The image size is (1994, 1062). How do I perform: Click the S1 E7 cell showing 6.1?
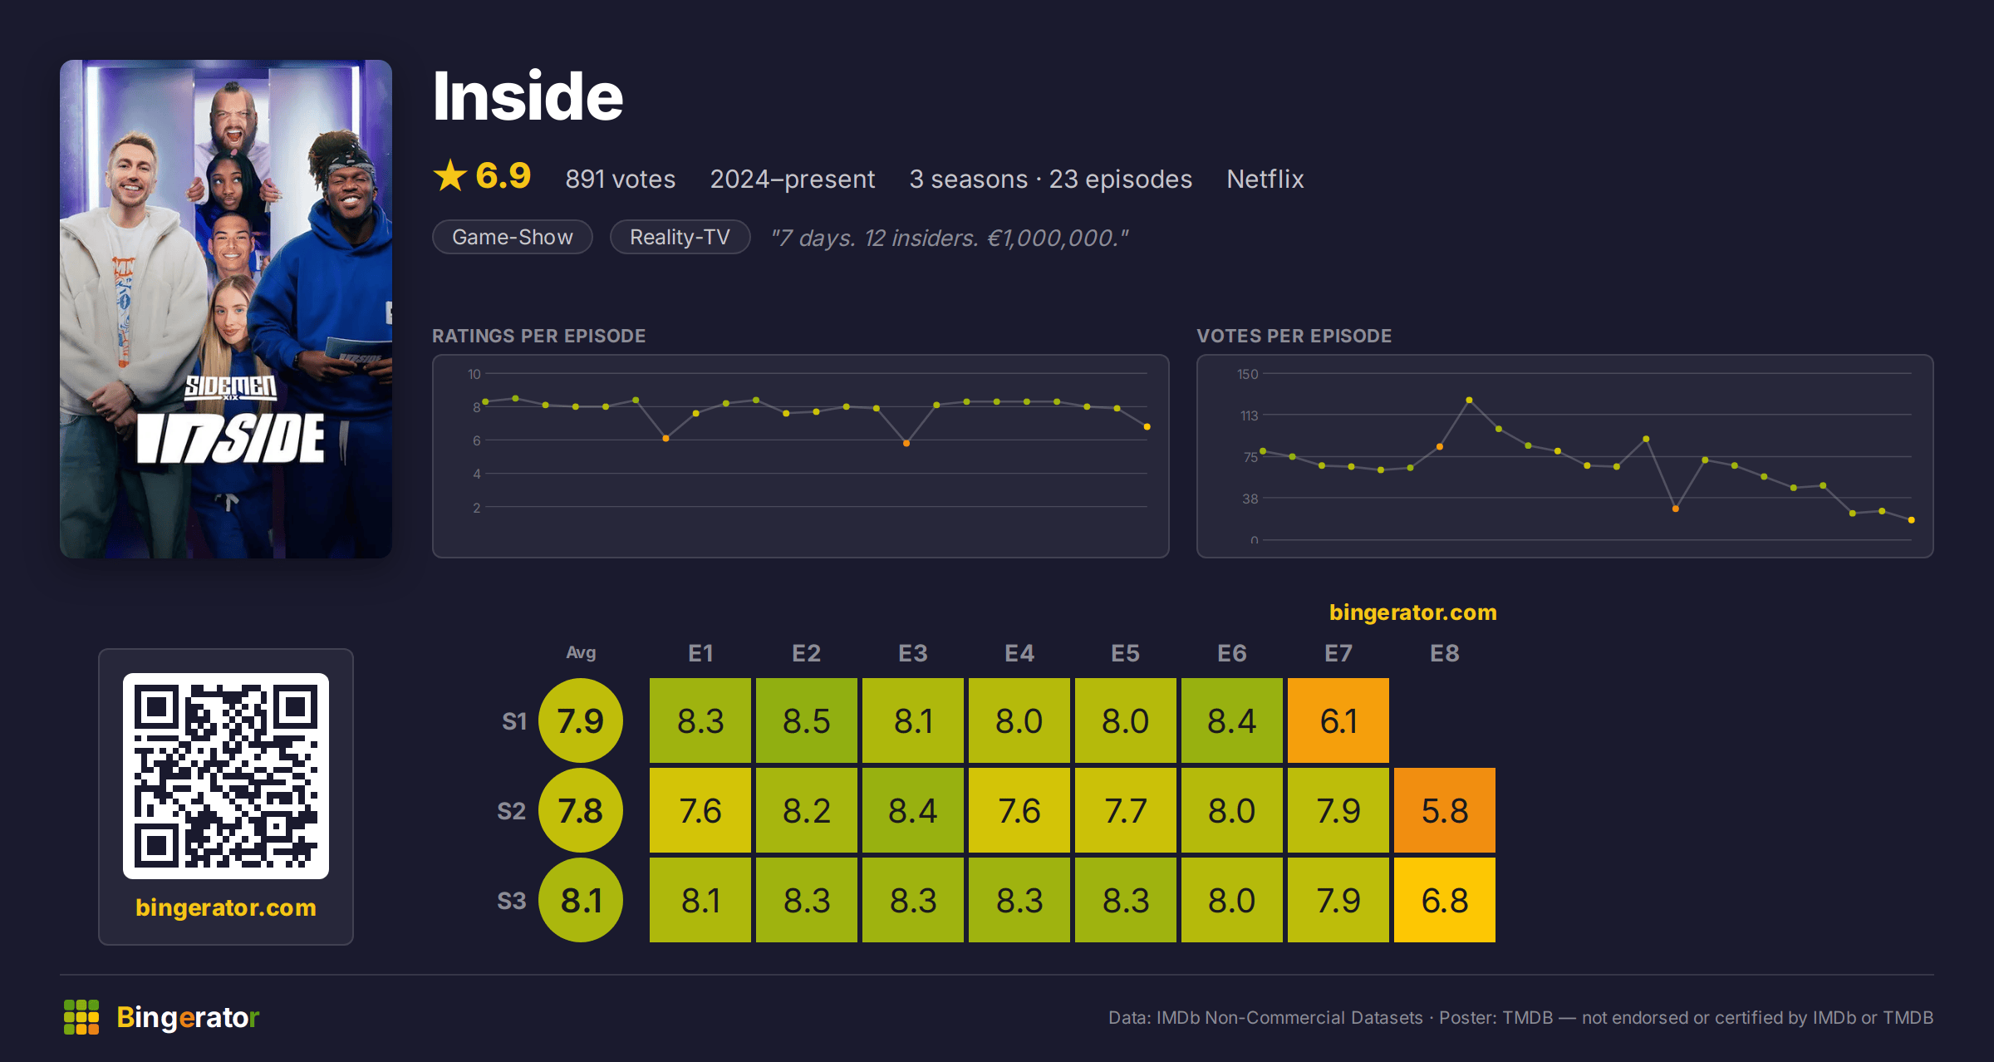(1338, 720)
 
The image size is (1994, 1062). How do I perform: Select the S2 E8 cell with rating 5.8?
(1444, 810)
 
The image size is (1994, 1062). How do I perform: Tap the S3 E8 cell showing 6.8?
(1444, 900)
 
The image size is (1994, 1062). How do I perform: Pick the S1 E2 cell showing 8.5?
(806, 720)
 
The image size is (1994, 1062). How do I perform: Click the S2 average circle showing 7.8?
(581, 810)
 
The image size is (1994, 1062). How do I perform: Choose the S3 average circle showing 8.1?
(581, 900)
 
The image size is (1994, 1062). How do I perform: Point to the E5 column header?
(1125, 653)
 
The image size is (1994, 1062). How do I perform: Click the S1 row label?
(514, 721)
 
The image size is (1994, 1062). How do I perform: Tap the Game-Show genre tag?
(513, 237)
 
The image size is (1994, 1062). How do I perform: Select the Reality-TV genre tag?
(680, 237)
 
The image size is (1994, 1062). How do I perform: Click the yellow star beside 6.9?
(450, 175)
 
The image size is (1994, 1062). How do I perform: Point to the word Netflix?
(1265, 179)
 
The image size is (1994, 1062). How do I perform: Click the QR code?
(226, 776)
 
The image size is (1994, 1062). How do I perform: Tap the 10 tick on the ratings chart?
(474, 374)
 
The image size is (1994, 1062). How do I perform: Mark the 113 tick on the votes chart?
(1249, 415)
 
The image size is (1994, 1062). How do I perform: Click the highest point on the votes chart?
(1469, 401)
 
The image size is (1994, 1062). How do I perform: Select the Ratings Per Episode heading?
(538, 336)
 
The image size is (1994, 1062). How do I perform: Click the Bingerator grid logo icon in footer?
(81, 1017)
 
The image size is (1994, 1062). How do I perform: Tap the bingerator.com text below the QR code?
(226, 907)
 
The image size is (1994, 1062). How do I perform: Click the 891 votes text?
(620, 179)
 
